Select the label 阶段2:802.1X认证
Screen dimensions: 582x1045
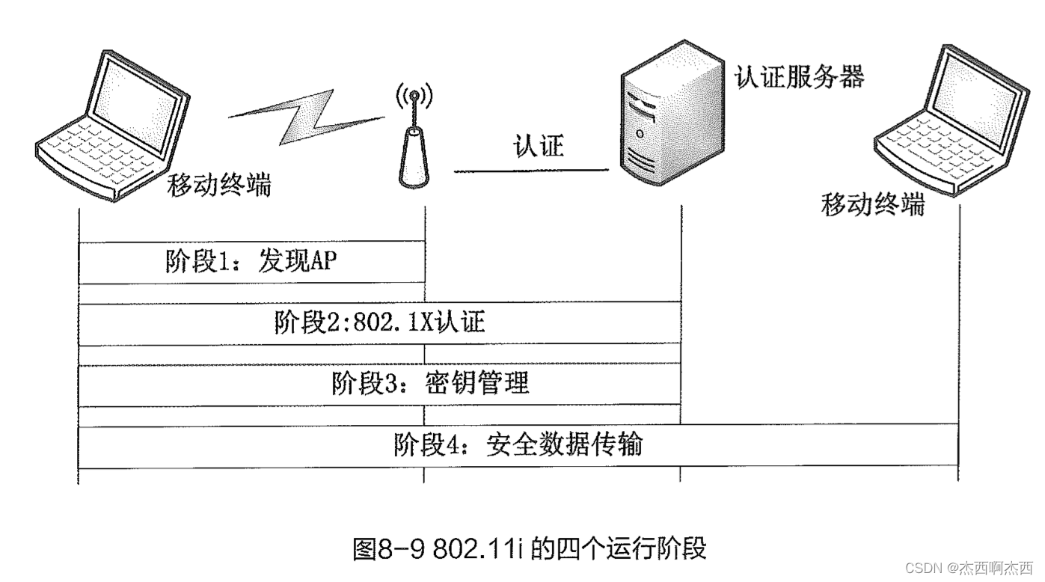pos(379,323)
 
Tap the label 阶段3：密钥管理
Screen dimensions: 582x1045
pos(430,384)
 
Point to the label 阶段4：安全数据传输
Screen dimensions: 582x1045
pos(518,445)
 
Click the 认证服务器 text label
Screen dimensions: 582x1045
pos(800,76)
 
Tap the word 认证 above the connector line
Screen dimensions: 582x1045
pos(538,145)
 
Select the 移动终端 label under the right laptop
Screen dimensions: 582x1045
pos(872,203)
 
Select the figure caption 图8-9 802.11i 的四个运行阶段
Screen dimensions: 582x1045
pos(529,548)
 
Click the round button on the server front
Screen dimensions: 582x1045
pos(640,134)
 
